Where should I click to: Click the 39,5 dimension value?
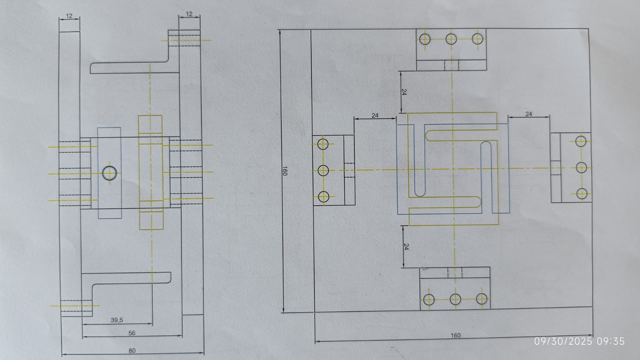click(117, 320)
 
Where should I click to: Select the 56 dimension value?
click(132, 333)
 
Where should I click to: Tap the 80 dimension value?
click(132, 350)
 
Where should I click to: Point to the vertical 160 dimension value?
click(284, 171)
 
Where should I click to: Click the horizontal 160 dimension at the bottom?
click(456, 335)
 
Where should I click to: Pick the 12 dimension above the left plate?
click(69, 16)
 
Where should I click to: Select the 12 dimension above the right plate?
click(189, 14)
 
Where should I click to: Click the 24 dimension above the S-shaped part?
click(404, 92)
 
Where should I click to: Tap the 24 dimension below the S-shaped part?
click(406, 247)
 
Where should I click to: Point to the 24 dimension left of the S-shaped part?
click(375, 116)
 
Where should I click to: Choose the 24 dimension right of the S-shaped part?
click(528, 114)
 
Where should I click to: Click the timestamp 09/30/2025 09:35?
click(580, 341)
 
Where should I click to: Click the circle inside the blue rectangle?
click(110, 173)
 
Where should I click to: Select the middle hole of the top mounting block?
click(451, 39)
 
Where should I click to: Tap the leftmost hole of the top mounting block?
click(425, 39)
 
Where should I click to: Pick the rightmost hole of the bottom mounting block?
click(482, 299)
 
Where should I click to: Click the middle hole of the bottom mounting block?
click(455, 299)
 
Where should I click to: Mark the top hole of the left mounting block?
click(323, 144)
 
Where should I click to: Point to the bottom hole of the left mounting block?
click(324, 197)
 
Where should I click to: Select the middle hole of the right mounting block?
click(581, 168)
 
